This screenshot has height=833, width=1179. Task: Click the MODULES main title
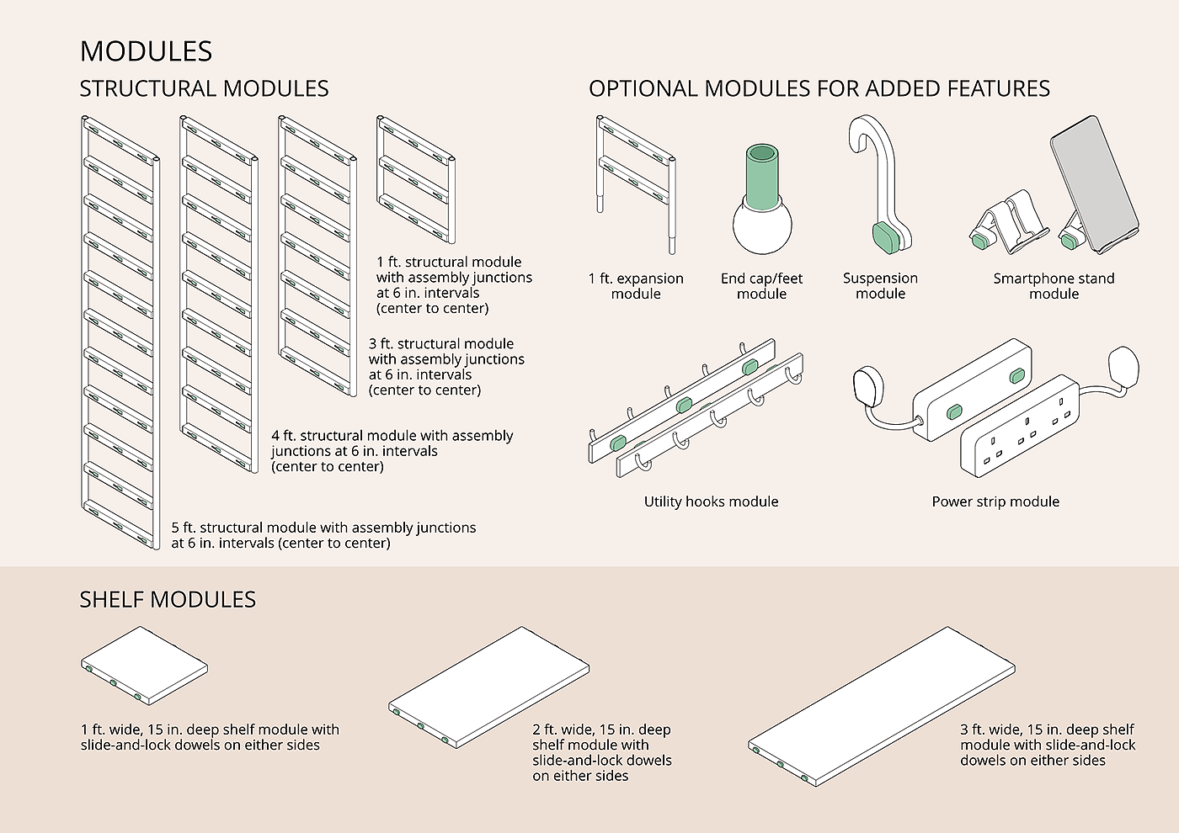[146, 51]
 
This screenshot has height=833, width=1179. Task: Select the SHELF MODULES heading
[168, 599]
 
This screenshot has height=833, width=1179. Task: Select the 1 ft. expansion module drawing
[636, 181]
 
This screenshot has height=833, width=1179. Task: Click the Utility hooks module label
[711, 501]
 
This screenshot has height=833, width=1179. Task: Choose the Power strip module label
[995, 501]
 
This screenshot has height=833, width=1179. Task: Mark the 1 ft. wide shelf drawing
[144, 665]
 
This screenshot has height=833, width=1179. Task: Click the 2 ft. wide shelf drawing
[488, 686]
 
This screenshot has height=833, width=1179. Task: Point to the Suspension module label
[880, 286]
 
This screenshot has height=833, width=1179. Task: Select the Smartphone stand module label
[1054, 286]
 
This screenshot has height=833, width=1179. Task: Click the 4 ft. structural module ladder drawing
[218, 294]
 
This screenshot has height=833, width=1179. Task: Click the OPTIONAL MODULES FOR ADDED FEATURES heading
[819, 88]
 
